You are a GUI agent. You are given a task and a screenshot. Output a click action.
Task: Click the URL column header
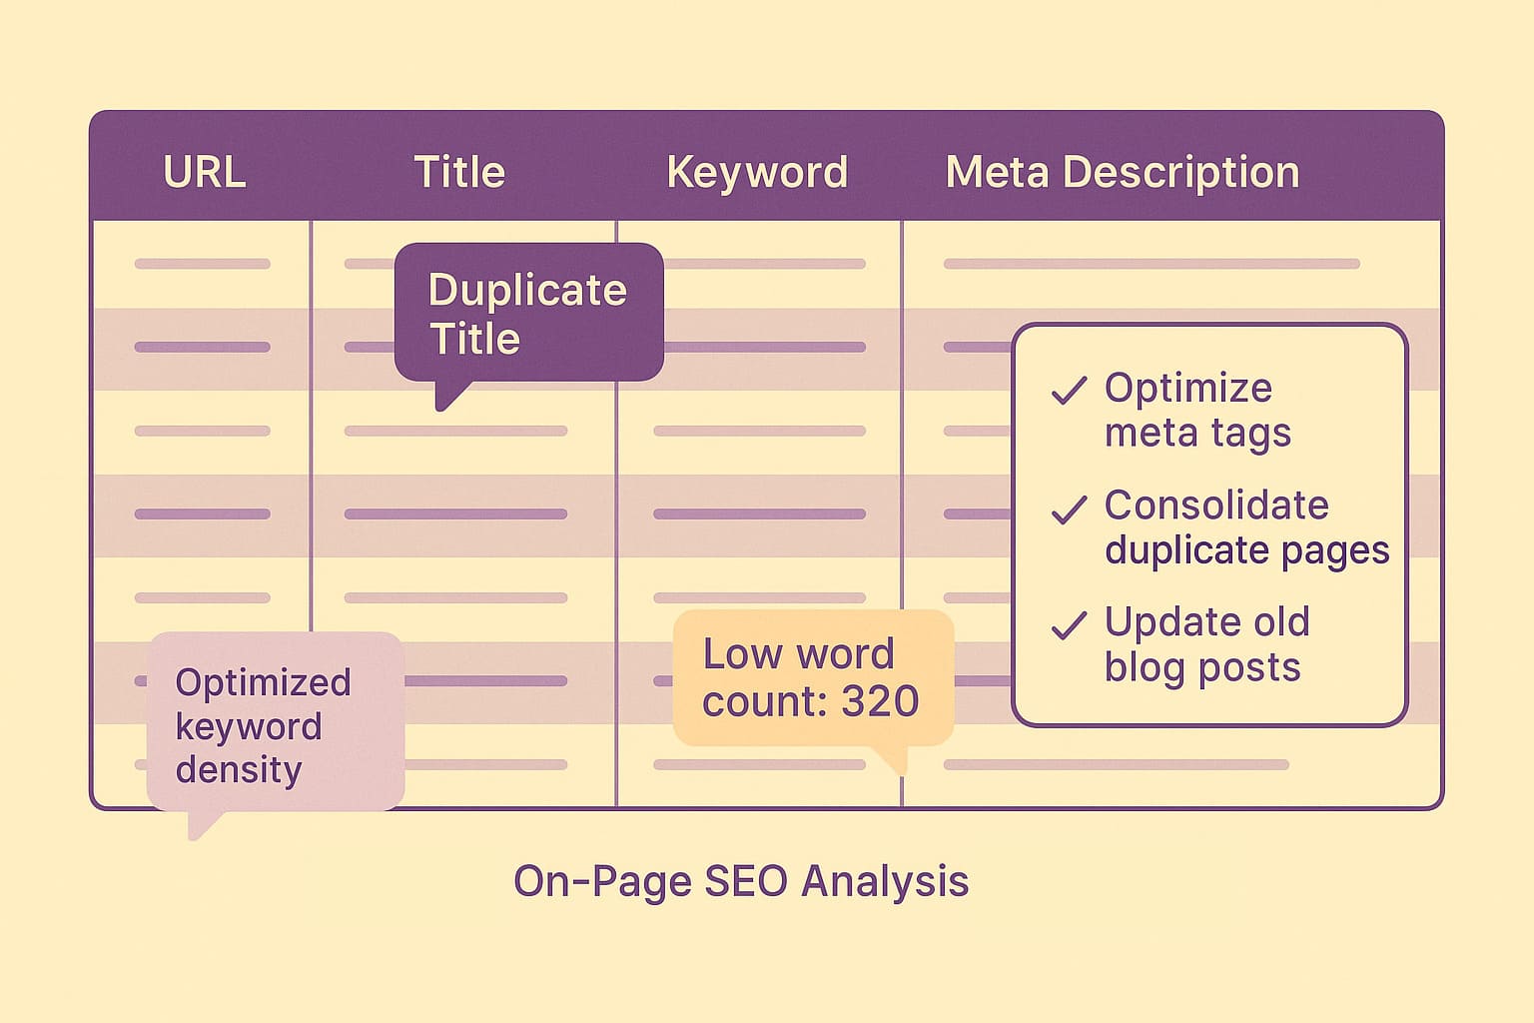click(x=204, y=172)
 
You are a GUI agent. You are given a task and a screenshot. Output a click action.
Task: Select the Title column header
click(x=459, y=172)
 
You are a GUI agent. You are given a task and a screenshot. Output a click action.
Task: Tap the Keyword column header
click(x=757, y=172)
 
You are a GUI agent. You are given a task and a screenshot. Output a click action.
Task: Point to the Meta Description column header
click(x=1122, y=172)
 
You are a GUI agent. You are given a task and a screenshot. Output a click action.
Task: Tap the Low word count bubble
click(x=811, y=677)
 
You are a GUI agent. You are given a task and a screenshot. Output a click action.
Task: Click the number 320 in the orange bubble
click(x=880, y=701)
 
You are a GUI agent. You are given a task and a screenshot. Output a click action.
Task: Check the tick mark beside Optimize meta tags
click(x=1069, y=391)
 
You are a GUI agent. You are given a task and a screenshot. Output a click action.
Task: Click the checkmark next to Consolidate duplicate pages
click(x=1069, y=510)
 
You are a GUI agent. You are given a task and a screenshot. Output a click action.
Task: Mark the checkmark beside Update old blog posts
click(x=1069, y=625)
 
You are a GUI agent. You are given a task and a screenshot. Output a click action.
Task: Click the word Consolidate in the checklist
click(x=1216, y=506)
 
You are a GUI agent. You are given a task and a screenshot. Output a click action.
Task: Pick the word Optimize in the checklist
click(x=1188, y=388)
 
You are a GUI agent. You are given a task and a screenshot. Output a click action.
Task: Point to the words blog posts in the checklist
click(x=1202, y=667)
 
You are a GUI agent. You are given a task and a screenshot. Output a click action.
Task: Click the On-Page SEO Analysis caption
click(x=740, y=881)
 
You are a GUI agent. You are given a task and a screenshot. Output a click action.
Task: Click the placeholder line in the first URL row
click(x=202, y=264)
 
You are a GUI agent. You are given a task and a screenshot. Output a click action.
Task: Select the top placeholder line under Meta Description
click(x=1150, y=264)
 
